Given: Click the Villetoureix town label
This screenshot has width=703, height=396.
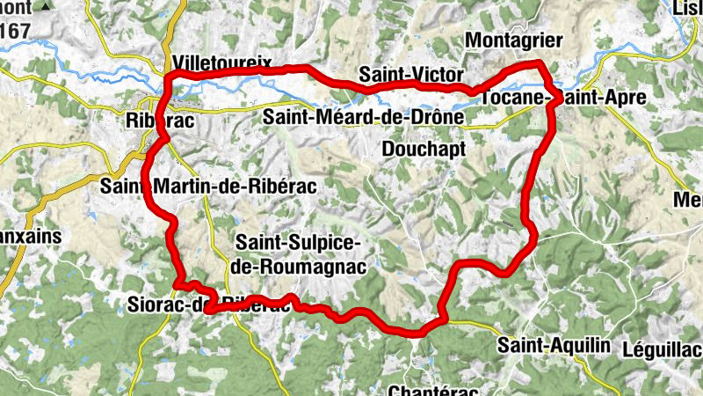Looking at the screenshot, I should pyautogui.click(x=223, y=63).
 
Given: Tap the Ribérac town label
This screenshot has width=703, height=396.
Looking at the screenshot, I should pyautogui.click(x=158, y=121).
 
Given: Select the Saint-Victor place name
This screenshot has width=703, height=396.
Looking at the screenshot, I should pyautogui.click(x=410, y=74).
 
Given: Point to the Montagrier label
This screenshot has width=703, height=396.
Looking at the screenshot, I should pyautogui.click(x=511, y=40).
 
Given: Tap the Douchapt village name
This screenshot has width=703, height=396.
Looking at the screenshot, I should pyautogui.click(x=424, y=149).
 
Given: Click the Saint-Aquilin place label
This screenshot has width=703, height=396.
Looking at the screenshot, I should pyautogui.click(x=553, y=346).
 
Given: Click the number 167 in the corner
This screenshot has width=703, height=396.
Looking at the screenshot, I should pyautogui.click(x=15, y=30).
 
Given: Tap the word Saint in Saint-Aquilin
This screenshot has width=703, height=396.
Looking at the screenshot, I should pyautogui.click(x=518, y=346).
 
